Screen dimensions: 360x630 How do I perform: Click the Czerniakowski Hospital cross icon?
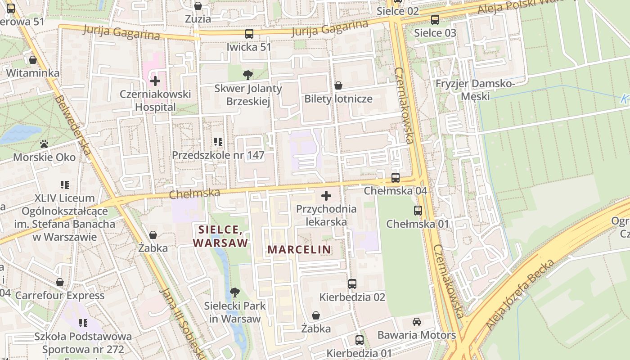155,81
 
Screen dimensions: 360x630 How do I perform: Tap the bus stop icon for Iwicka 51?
249,34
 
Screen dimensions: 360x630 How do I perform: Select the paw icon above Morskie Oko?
44,144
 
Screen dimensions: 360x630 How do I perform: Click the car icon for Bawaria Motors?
417,322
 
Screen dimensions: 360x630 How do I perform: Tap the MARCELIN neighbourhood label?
299,249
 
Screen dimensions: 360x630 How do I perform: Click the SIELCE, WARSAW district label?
220,236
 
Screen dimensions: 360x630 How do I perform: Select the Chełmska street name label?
194,194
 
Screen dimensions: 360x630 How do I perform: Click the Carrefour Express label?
60,296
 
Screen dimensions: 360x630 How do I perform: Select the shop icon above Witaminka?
33,60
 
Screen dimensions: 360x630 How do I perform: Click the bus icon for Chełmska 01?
418,210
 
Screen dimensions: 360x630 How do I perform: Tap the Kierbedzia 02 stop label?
352,297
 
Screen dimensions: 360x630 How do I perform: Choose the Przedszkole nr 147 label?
218,155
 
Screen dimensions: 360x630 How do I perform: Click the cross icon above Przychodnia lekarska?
326,196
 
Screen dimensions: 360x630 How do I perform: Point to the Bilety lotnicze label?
338,99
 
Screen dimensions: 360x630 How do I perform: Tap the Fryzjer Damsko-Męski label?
475,90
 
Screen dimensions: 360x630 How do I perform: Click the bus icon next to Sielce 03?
435,20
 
